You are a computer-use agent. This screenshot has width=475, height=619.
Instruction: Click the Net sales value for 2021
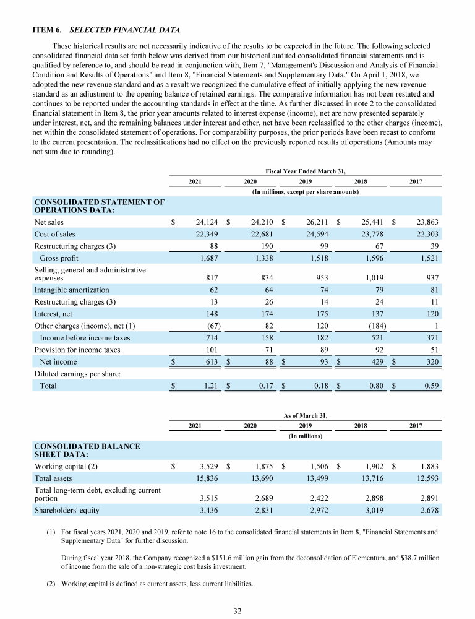203,222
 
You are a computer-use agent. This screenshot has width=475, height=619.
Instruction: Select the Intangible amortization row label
72,290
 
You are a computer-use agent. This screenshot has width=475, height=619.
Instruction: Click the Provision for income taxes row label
77,350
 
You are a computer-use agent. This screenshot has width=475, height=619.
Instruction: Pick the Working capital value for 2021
203,466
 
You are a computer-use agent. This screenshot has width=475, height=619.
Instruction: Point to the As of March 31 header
305,416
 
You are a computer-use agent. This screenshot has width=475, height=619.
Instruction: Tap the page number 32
237,611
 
